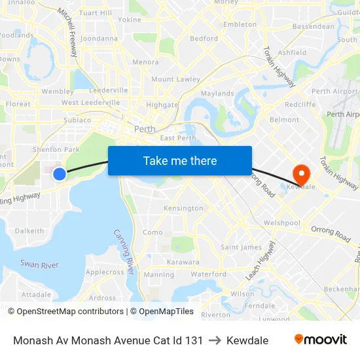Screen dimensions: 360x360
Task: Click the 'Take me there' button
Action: [x=180, y=160]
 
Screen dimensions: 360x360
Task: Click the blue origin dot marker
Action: [x=60, y=173]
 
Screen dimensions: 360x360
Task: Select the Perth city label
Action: [x=145, y=129]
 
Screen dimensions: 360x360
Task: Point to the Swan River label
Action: [x=39, y=264]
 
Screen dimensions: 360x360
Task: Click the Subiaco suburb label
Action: [x=77, y=120]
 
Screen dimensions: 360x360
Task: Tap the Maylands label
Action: [x=217, y=94]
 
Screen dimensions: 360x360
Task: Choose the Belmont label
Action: [x=284, y=120]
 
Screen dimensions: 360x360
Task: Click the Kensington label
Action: [x=183, y=208]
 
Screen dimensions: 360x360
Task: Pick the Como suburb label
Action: [x=153, y=232]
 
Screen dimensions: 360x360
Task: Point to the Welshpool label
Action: [x=281, y=223]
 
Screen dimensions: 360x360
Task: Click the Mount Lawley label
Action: [x=176, y=79]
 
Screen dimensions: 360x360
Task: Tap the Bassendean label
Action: [x=313, y=27]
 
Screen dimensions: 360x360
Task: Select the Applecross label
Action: [x=105, y=272]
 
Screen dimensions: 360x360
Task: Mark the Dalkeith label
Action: [x=29, y=231]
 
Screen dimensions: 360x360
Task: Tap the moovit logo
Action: [x=320, y=339]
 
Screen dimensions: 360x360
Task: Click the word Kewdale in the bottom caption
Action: [x=247, y=340]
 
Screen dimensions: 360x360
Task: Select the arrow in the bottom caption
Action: [x=215, y=340]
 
